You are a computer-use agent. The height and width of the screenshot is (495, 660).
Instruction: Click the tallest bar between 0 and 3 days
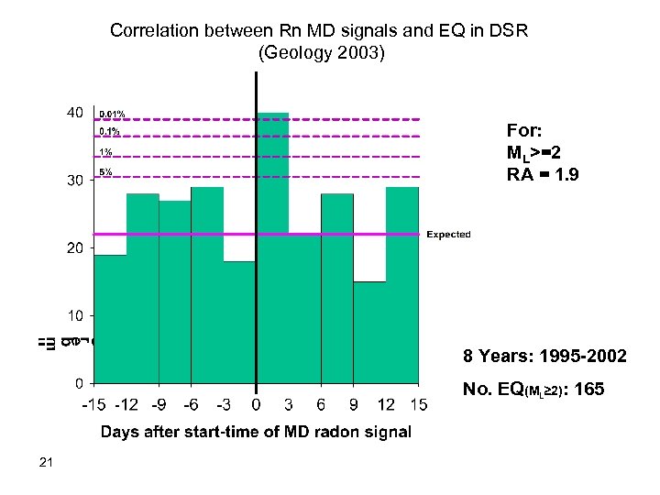coord(272,247)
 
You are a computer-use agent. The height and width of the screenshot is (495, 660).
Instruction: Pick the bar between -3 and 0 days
coord(239,321)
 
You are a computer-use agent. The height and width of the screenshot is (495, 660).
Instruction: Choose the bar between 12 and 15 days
coord(402,284)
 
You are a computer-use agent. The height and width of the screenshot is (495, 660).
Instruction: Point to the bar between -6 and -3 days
coord(207,284)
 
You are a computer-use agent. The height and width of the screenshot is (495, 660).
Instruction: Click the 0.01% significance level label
coord(112,115)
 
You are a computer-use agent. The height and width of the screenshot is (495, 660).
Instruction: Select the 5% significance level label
coord(106,171)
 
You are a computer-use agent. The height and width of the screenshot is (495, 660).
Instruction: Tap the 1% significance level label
coord(106,152)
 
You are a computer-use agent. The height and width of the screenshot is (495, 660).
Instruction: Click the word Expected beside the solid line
coord(448,235)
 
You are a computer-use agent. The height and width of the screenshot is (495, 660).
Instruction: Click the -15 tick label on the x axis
coord(93,404)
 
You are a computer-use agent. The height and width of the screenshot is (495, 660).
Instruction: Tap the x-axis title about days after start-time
coord(256,432)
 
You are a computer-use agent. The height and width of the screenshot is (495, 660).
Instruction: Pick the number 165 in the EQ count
coord(587,390)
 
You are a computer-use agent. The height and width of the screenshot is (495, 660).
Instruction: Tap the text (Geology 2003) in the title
coord(323,52)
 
